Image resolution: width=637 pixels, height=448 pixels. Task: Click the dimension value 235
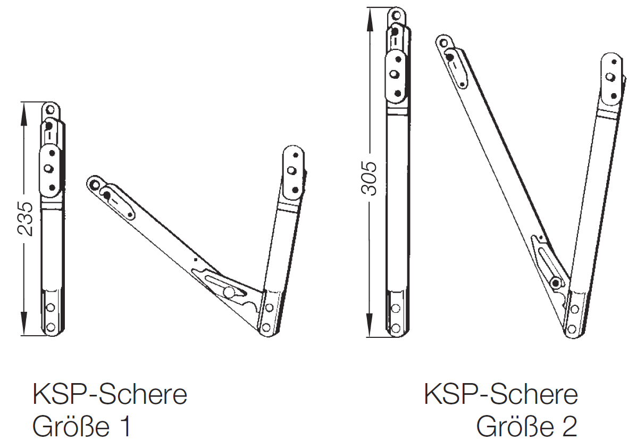pos(25,218)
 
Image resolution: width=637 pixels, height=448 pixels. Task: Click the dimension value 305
pos(370,178)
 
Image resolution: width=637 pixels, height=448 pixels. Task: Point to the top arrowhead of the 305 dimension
pos(370,17)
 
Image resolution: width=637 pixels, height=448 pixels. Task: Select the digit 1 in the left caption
pos(126,427)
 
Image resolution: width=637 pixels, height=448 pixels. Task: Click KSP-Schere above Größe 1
pos(110,394)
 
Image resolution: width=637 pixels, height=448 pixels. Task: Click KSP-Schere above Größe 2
pos(500,394)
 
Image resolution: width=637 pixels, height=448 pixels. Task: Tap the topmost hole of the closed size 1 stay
pos(50,110)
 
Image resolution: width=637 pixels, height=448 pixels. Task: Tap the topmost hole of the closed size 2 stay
pos(397,16)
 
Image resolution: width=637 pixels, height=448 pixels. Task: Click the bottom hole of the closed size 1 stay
pos(51,327)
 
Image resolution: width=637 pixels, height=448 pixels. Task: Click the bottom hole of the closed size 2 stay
pos(396,328)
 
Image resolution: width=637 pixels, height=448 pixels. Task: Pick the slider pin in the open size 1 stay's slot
pos(229,292)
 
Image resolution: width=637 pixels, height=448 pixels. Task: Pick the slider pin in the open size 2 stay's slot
pos(555,283)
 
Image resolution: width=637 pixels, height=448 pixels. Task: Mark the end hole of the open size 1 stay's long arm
pos(94,185)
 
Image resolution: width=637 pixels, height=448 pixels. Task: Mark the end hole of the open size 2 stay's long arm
pos(444,43)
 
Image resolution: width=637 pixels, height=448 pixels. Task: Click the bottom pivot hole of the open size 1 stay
pos(266,328)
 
